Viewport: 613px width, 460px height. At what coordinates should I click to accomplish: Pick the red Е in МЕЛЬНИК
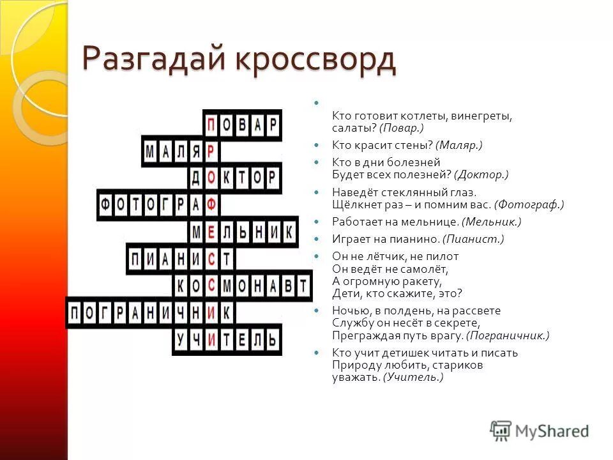point(211,232)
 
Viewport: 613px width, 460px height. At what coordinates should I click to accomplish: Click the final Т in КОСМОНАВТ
point(303,286)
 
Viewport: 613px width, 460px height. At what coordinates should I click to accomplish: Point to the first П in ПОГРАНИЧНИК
point(75,312)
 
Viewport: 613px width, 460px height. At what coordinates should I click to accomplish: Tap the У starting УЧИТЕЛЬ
point(181,339)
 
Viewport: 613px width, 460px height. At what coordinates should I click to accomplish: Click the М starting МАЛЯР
point(150,151)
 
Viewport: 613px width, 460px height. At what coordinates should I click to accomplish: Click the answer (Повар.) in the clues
point(402,128)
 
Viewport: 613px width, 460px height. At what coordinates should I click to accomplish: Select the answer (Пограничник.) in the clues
point(508,335)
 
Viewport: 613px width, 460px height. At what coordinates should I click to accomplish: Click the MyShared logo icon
point(501,429)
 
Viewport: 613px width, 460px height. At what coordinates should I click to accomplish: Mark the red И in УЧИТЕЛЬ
point(211,339)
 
